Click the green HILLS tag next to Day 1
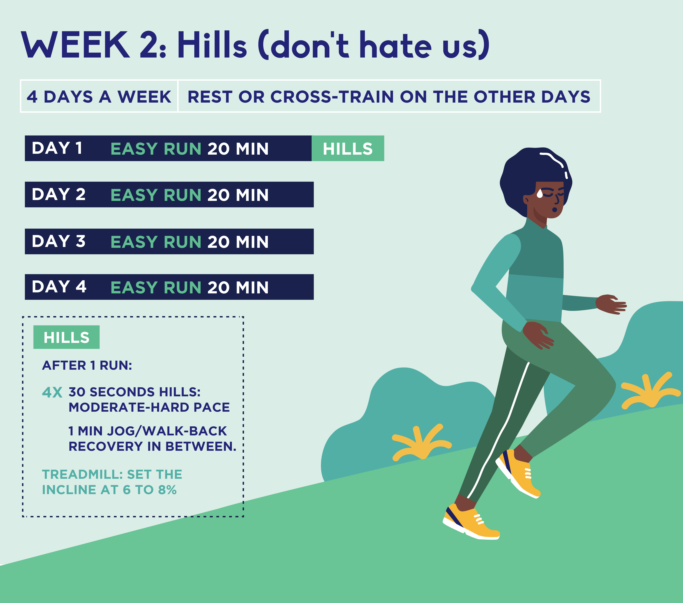coord(348,148)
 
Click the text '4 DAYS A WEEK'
coord(99,97)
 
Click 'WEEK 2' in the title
coord(94,44)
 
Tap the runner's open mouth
coord(555,210)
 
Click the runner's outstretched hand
coord(611,304)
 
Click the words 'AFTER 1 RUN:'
coord(87,365)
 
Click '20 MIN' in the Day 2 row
coord(238,195)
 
